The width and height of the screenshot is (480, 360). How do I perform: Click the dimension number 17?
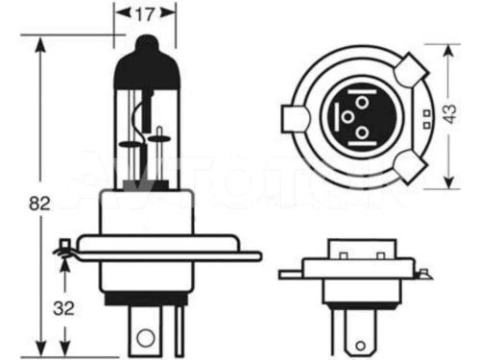point(146,13)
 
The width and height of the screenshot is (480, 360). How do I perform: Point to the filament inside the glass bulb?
point(145,134)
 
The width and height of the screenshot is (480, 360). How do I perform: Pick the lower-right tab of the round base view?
point(410,164)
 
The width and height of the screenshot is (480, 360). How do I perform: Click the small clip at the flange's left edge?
point(64,249)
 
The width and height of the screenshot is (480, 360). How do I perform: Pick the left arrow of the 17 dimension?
point(120,14)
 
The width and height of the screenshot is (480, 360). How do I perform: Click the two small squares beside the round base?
point(424,118)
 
